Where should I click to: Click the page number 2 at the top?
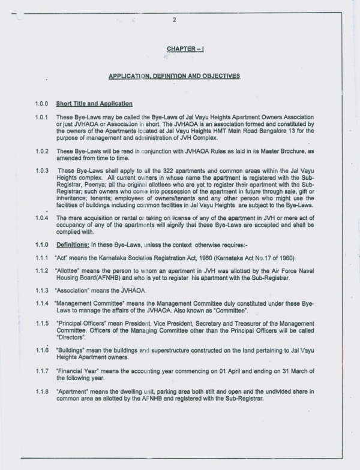(173, 20)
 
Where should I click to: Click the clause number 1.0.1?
(41, 117)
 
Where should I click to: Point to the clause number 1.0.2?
(41, 152)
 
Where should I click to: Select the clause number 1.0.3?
(41, 171)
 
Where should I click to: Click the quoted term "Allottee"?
(68, 270)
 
